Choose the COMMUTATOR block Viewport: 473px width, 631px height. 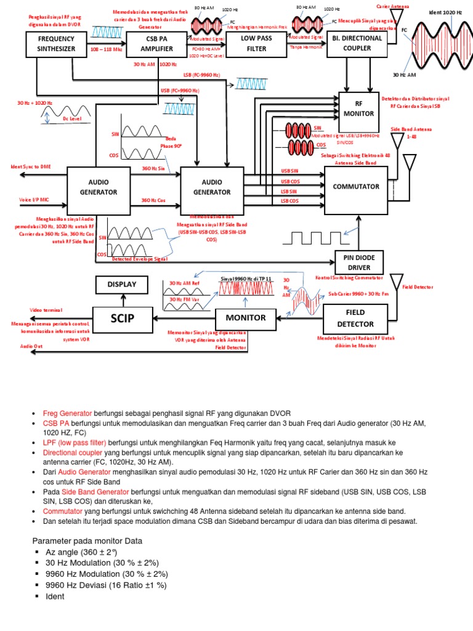point(355,186)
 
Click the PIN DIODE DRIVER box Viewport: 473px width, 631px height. point(359,261)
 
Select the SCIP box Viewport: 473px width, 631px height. point(122,318)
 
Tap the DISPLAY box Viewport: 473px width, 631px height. point(122,284)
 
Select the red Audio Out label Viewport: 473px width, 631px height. point(31,347)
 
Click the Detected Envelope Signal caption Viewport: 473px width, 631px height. point(140,259)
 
